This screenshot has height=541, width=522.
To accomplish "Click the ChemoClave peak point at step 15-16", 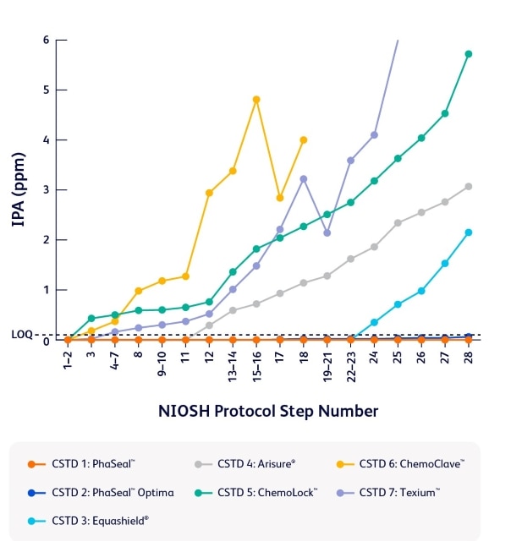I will pos(256,100).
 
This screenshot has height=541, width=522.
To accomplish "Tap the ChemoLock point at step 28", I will pos(468,54).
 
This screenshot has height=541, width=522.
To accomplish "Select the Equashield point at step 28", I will pos(468,232).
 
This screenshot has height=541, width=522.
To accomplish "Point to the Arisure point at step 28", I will pos(468,187).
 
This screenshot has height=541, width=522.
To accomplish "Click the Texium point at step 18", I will pos(304,179).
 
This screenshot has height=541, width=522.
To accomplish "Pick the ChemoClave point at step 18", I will pos(304,140).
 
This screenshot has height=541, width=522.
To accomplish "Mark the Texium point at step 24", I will pos(374,135).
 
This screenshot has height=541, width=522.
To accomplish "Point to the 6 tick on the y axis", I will pos(46,40).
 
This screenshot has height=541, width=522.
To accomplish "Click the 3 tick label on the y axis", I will pos(46,190).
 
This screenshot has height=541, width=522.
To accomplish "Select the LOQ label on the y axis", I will pos(22,335).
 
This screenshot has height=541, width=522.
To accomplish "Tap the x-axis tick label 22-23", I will pos(351,364).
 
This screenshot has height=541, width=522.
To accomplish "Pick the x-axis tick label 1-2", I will pos(69,359).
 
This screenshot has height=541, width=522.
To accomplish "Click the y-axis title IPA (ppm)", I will pos(18,190).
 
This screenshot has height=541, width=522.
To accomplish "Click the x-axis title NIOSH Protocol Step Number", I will pos(268,411).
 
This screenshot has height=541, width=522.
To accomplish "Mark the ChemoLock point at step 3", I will pos(91,319).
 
